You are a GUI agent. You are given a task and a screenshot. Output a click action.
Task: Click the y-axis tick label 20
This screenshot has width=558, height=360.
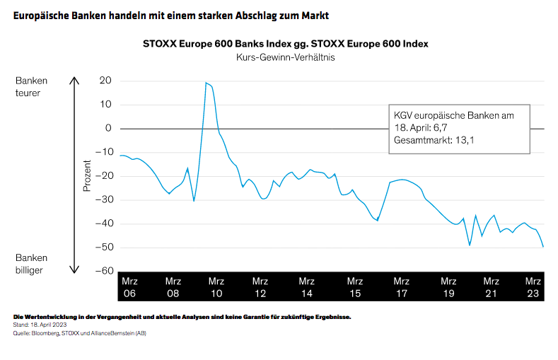tap(105, 81)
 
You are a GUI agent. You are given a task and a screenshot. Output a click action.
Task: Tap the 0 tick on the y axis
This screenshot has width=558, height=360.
tap(108, 128)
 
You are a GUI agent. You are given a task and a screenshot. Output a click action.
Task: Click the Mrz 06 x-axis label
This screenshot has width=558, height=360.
tap(129, 286)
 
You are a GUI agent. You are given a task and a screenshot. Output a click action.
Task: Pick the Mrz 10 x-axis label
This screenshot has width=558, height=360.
tap(216, 286)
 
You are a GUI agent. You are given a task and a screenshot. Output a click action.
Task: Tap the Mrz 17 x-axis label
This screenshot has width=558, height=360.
tap(401, 286)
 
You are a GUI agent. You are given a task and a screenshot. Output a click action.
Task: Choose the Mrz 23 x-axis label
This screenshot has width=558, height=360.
tap(533, 286)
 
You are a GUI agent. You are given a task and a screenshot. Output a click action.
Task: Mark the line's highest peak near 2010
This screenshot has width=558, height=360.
tap(206, 83)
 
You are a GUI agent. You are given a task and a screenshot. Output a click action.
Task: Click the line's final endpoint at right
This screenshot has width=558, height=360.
tap(543, 247)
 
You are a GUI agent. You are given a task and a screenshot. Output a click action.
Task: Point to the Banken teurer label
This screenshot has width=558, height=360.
tap(32, 86)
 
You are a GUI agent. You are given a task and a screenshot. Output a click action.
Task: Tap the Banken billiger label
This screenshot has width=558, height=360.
tap(32, 264)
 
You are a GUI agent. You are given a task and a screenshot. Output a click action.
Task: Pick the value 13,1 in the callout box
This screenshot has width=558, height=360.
tap(464, 140)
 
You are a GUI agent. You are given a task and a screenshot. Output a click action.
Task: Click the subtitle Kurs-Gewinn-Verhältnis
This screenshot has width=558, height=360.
tap(285, 57)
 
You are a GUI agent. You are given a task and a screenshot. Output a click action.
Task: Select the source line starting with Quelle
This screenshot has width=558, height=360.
tap(79, 332)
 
